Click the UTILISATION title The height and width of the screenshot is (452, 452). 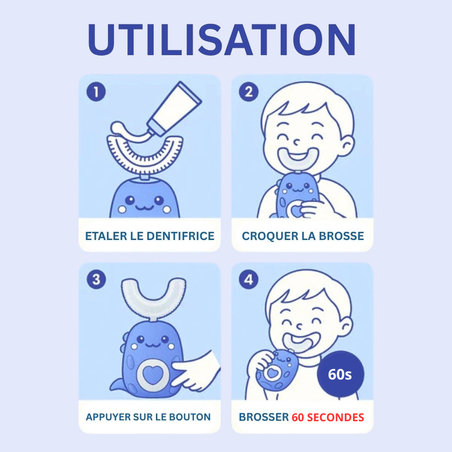[x=221, y=40]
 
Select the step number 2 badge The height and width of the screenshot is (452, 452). [x=248, y=92]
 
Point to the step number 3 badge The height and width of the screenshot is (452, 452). [x=97, y=280]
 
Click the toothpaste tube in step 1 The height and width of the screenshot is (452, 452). [x=173, y=110]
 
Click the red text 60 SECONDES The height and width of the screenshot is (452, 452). [x=327, y=417]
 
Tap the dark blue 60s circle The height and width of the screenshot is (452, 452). [x=340, y=374]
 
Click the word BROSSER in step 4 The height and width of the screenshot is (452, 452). [x=263, y=417]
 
